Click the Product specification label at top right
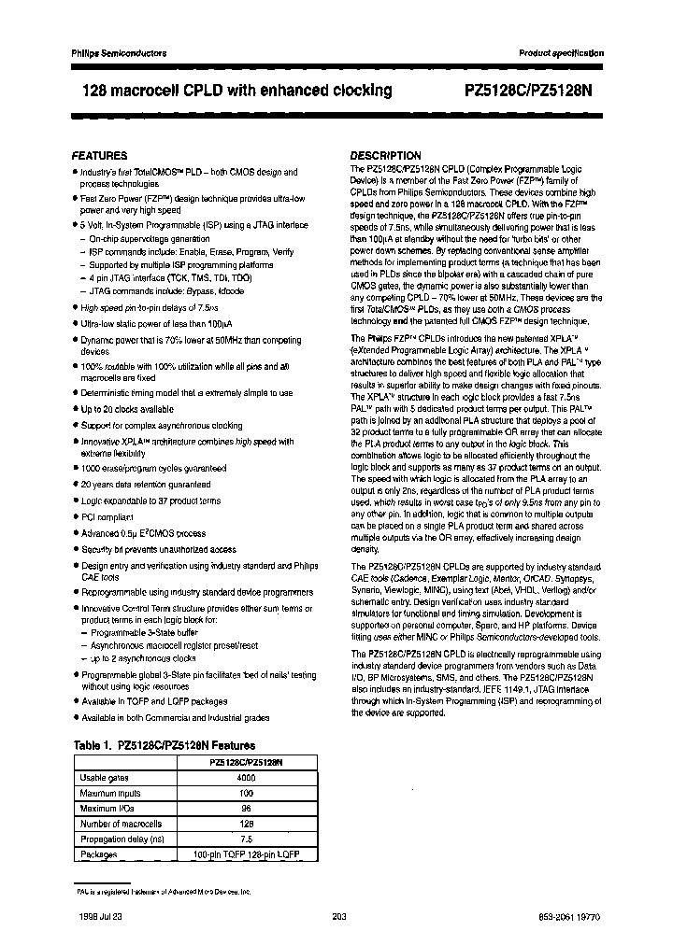coord(561,53)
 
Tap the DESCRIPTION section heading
coord(385,155)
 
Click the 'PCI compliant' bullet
coord(107,517)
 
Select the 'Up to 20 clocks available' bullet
coord(127,410)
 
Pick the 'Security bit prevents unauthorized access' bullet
coord(159,550)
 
